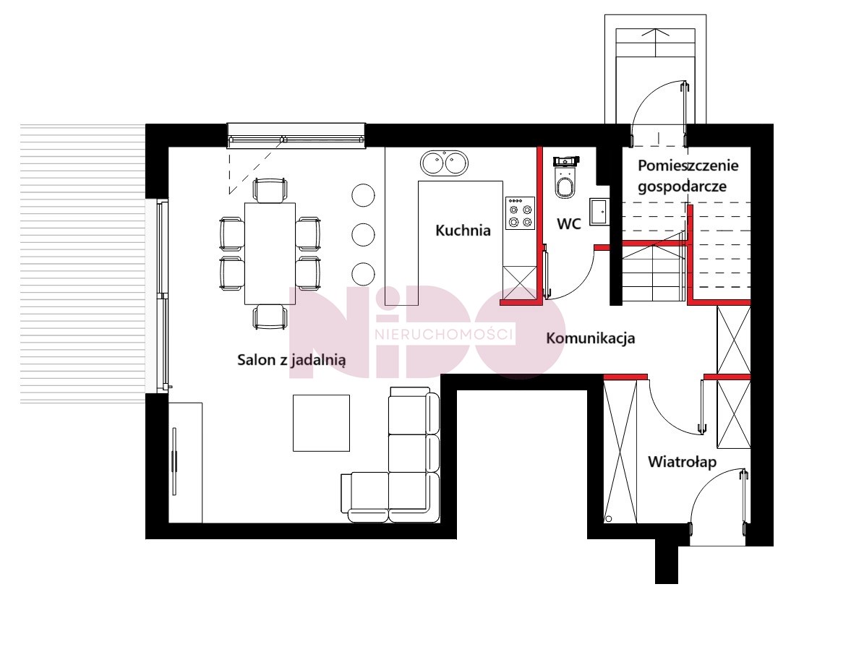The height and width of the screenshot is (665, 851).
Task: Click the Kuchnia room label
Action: [463, 230]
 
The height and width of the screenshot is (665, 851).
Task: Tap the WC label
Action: [569, 223]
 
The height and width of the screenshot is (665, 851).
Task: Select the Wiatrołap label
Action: [683, 462]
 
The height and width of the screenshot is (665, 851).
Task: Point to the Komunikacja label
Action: [591, 338]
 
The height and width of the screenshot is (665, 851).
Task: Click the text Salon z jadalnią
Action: [291, 360]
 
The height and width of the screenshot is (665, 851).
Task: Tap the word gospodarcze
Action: [683, 186]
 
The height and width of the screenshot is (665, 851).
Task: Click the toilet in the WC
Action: [565, 178]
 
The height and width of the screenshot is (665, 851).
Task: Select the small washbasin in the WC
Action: [599, 212]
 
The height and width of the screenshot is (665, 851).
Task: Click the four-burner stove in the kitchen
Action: [520, 213]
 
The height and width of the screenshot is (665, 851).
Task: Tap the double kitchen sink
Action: [444, 163]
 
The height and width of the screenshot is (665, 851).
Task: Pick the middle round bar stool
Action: [363, 234]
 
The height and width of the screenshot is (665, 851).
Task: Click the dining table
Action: [270, 253]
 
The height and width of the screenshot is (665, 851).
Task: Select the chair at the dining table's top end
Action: [270, 190]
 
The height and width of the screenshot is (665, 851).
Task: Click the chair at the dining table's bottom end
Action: [270, 317]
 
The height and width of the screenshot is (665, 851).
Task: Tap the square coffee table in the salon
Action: [321, 423]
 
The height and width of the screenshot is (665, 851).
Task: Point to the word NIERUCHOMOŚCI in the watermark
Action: [444, 334]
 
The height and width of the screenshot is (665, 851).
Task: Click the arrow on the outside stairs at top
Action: [656, 43]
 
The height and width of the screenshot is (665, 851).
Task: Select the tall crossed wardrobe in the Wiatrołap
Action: [620, 451]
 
